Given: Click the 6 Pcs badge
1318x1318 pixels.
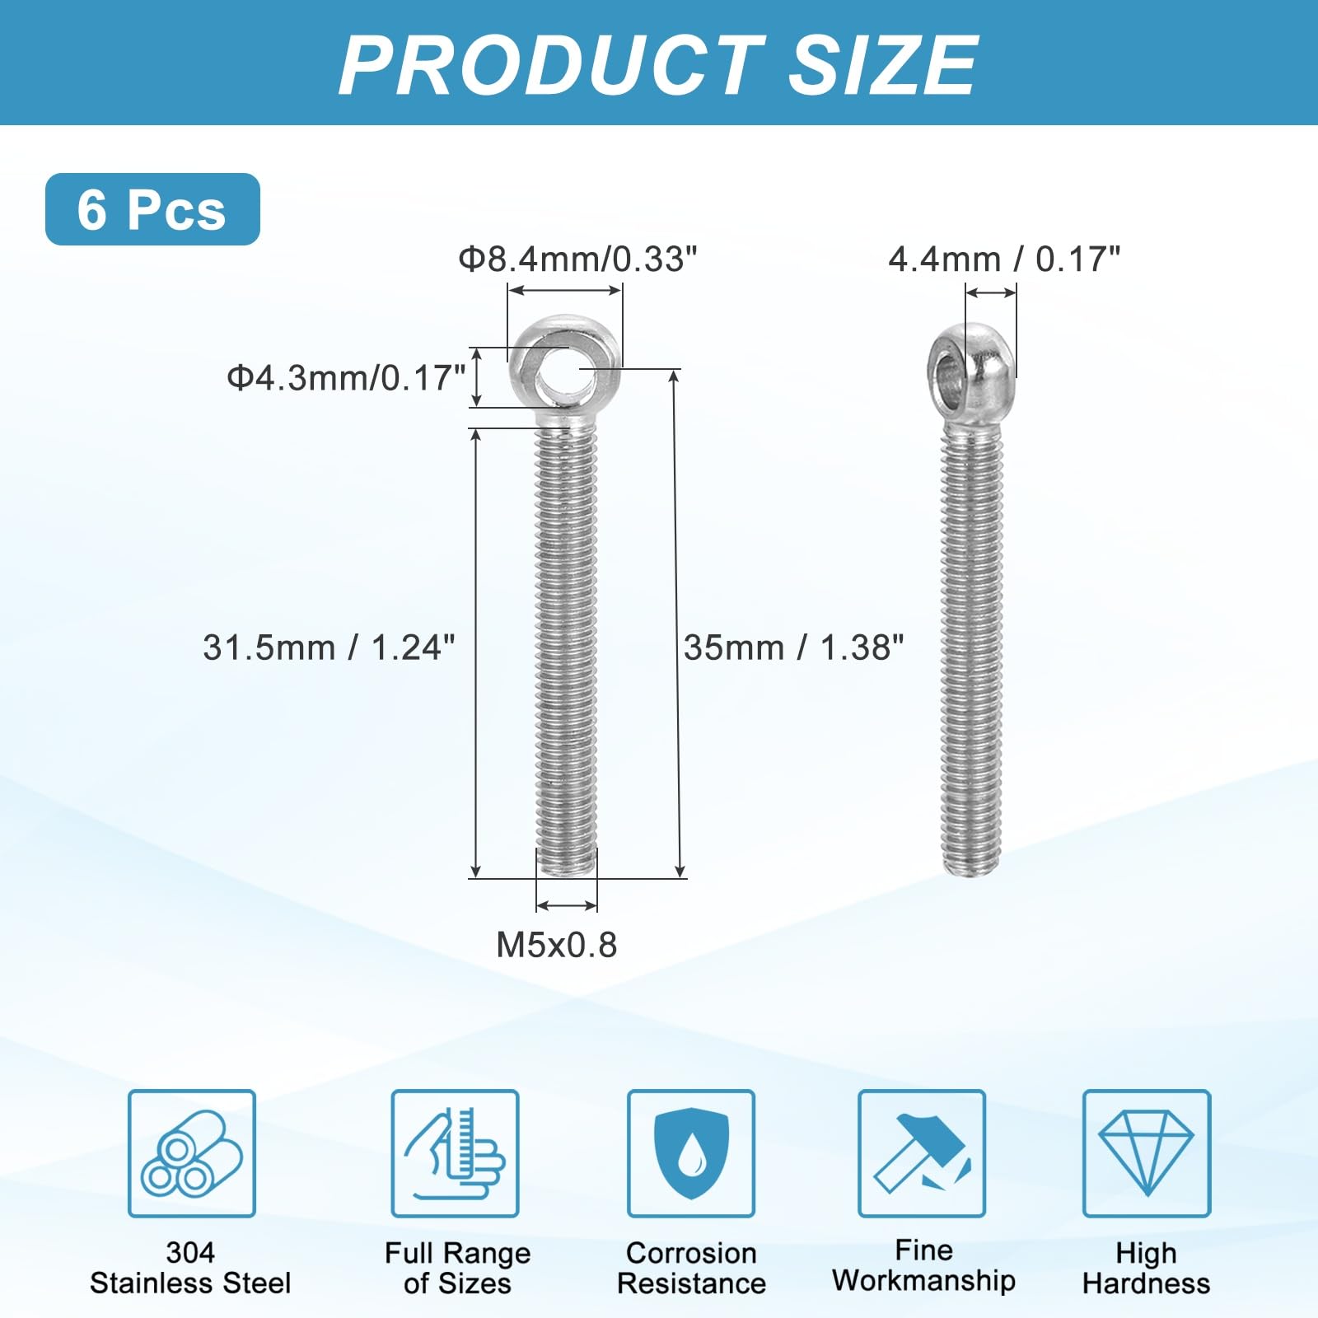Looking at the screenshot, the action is coord(152,209).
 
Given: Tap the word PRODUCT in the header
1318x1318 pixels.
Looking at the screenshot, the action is coord(551,65).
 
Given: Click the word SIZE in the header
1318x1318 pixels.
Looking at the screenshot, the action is coord(882,65).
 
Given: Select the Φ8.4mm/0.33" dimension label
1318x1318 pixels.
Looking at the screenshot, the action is coord(577,259).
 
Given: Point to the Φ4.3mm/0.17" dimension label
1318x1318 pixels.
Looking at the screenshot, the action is coord(347,378).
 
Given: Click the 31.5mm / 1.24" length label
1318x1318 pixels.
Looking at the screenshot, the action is coord(329,647).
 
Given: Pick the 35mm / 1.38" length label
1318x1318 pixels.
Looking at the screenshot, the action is coord(794,647).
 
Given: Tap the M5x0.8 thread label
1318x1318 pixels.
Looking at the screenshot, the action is coord(557,945).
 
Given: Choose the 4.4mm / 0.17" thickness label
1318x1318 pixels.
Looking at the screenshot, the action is coord(1004,259).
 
